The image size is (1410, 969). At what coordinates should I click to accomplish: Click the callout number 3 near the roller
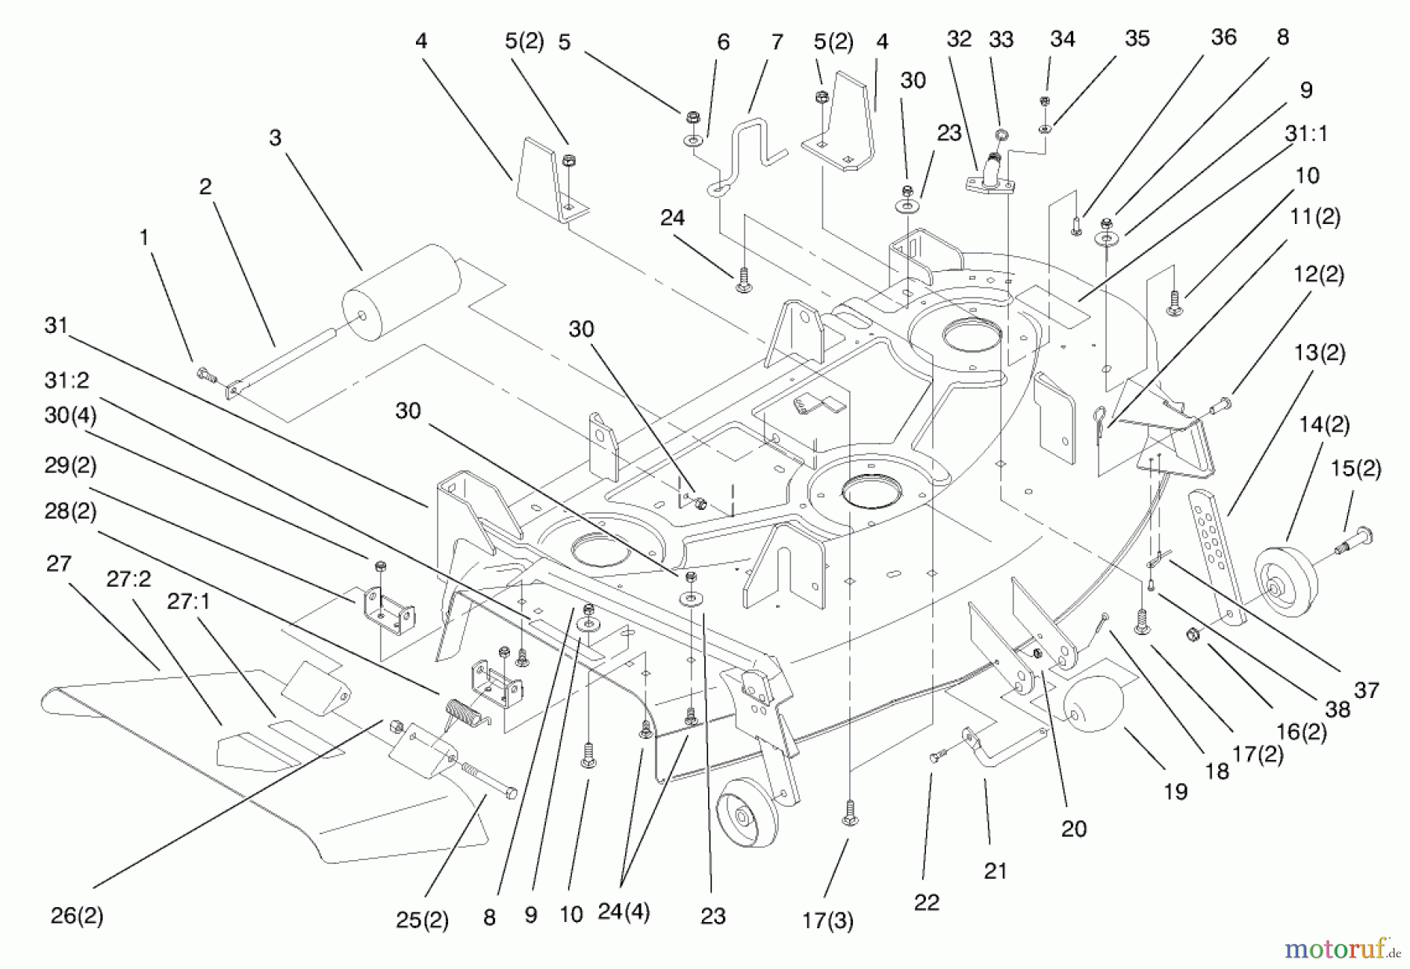click(275, 138)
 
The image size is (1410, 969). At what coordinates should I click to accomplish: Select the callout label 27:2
click(128, 579)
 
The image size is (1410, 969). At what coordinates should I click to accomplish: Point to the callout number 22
click(926, 902)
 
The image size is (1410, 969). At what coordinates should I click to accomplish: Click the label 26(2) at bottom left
click(77, 916)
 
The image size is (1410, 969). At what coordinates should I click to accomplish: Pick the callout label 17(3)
click(827, 921)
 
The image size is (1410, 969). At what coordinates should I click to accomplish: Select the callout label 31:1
click(1306, 134)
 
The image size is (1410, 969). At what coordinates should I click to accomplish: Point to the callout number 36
click(1223, 38)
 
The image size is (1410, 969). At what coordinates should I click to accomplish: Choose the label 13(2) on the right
click(1320, 353)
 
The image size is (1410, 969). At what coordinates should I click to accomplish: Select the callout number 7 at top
click(776, 42)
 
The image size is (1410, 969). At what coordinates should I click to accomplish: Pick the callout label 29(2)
click(70, 465)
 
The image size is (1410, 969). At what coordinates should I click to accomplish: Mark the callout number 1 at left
click(143, 237)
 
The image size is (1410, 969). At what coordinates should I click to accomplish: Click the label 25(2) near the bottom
click(422, 920)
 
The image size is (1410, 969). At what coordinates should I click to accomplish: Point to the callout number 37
click(1366, 690)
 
